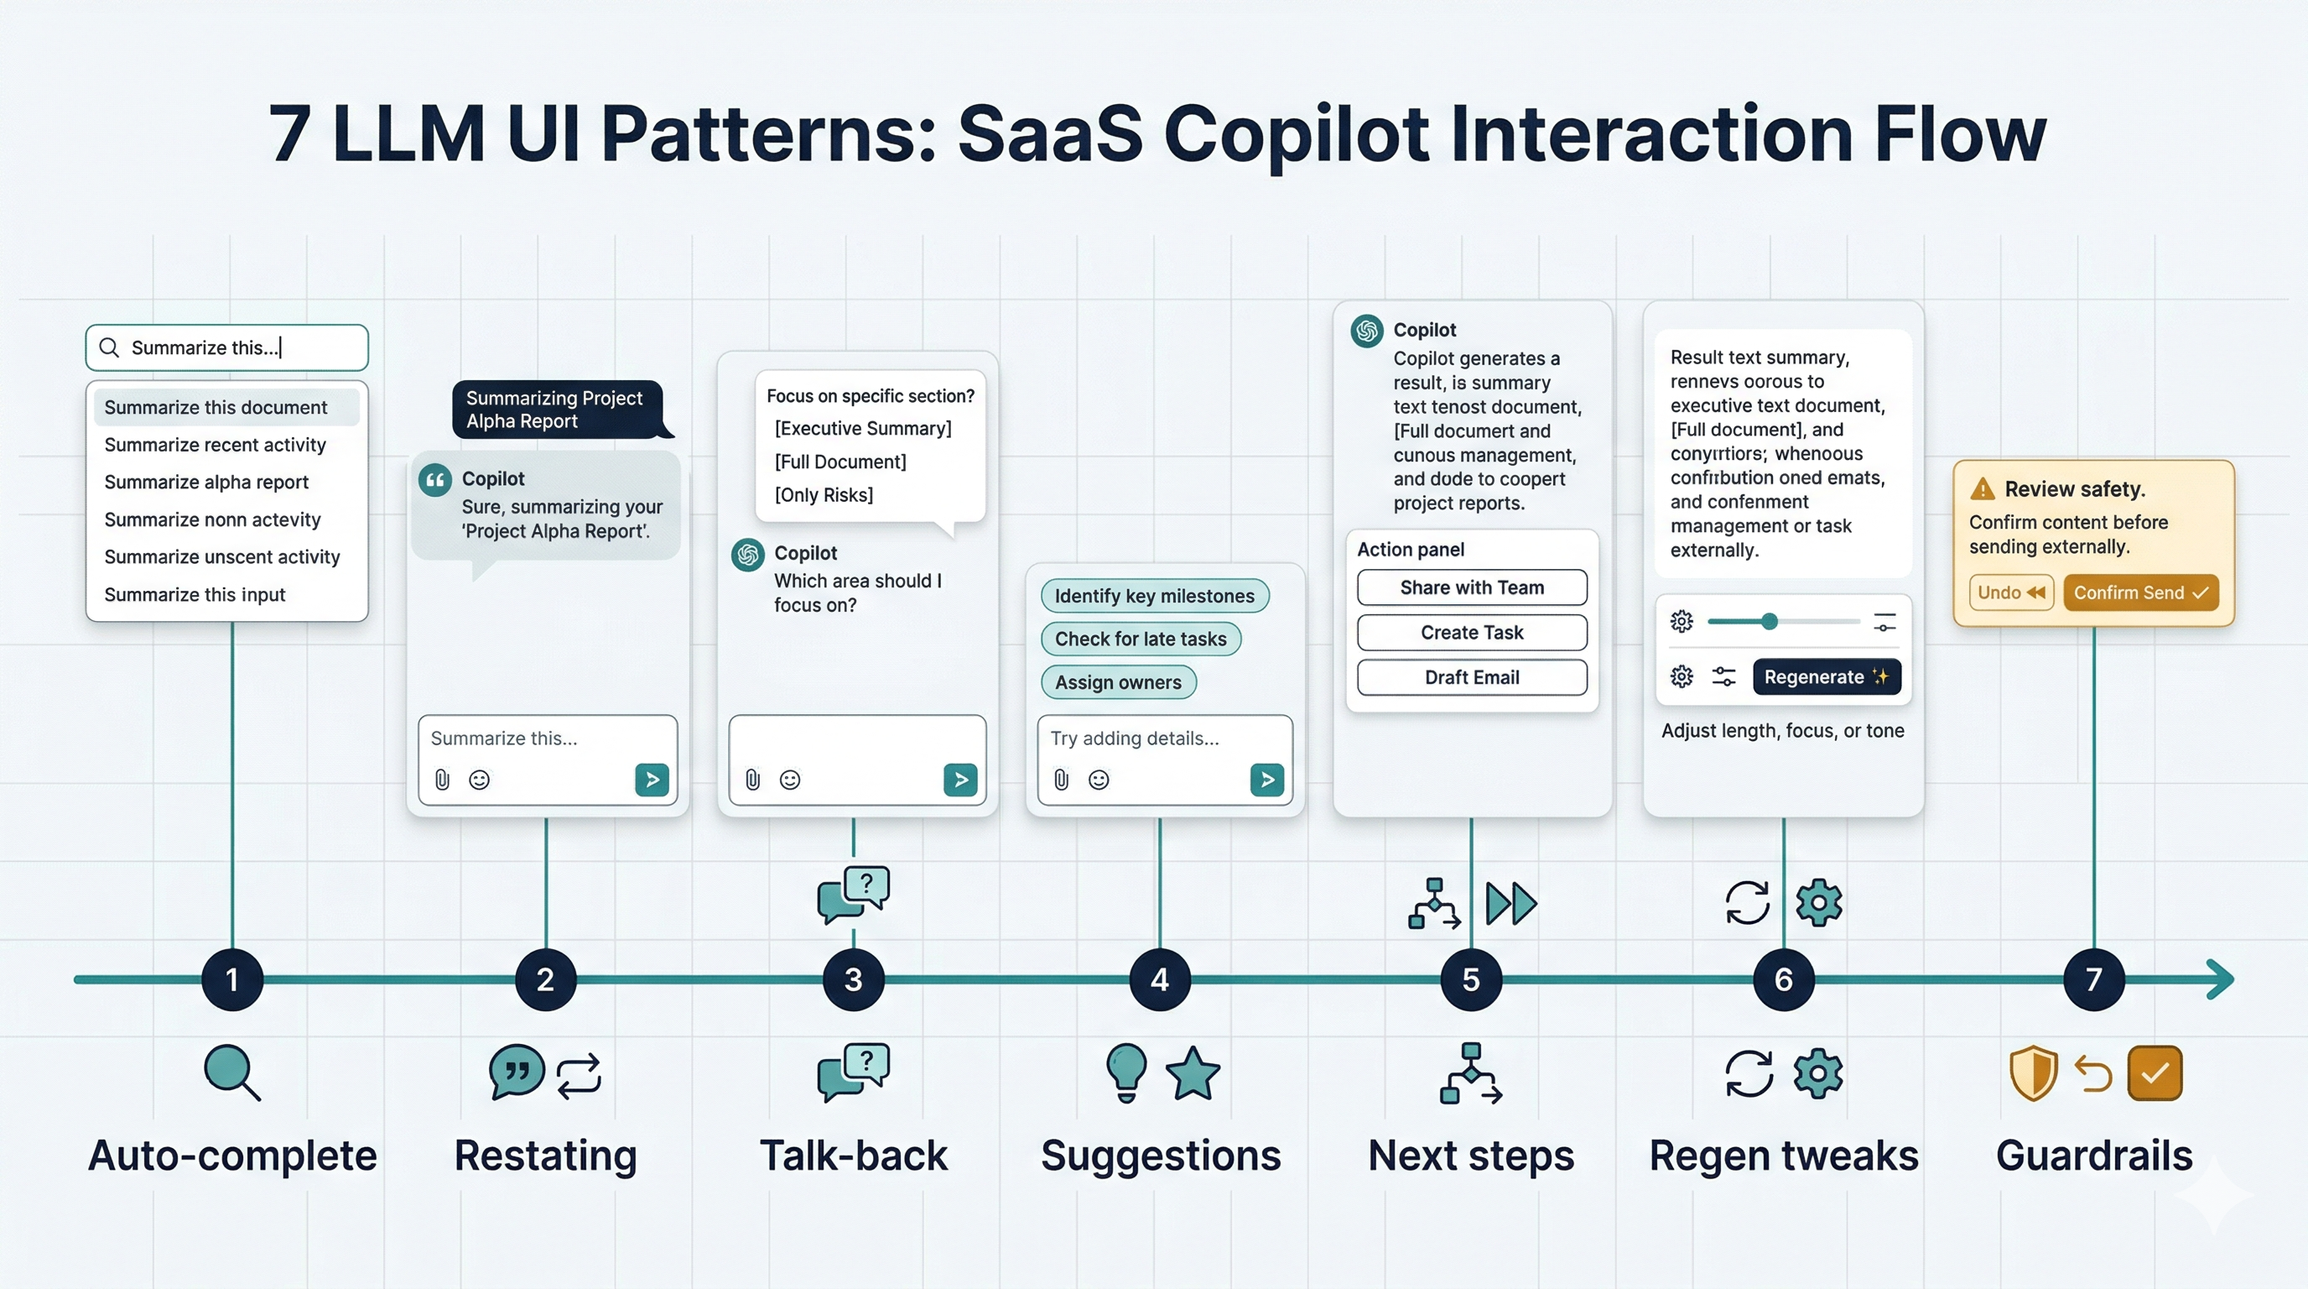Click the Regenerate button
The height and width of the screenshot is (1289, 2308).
(x=1826, y=676)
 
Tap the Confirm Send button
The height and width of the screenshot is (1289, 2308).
(x=2139, y=592)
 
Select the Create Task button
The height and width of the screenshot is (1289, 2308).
(x=1471, y=633)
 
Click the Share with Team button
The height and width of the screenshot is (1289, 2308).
(x=1471, y=588)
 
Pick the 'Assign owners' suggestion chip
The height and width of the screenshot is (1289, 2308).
(x=1117, y=682)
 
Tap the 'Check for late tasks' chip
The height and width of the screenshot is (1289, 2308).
(x=1140, y=639)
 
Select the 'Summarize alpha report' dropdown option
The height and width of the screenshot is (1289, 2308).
(x=206, y=483)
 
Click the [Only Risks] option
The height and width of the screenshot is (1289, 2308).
(x=824, y=495)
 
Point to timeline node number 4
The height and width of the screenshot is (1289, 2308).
(x=1159, y=979)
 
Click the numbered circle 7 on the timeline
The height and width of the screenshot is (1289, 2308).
(x=2093, y=979)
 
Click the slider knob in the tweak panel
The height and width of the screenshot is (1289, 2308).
(x=1769, y=621)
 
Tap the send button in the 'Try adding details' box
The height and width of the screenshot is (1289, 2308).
(x=1266, y=780)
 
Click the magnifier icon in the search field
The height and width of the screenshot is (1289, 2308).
(x=109, y=347)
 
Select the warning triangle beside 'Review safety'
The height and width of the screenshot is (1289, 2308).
(x=1983, y=489)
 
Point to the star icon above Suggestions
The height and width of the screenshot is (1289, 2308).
(x=1193, y=1074)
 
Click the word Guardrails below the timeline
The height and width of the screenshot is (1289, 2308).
(x=2093, y=1156)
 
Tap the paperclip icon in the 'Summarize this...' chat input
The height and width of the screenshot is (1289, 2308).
(x=442, y=780)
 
